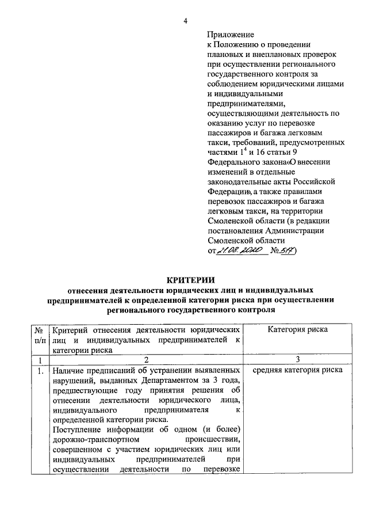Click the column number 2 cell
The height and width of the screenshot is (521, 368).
[146, 359]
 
